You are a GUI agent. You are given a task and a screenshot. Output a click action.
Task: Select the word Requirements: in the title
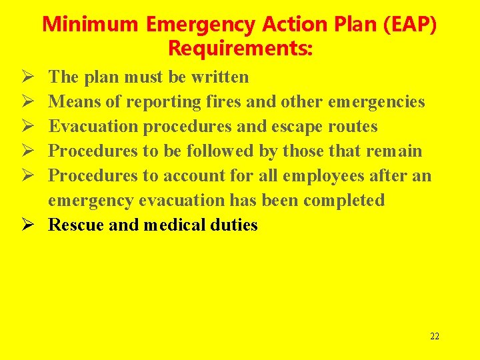pyautogui.click(x=240, y=49)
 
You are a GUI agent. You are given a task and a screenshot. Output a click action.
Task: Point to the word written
pyautogui.click(x=219, y=77)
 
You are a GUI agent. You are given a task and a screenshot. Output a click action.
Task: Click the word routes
pyautogui.click(x=353, y=127)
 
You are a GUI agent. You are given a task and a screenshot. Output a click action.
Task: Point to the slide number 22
pyautogui.click(x=435, y=336)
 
